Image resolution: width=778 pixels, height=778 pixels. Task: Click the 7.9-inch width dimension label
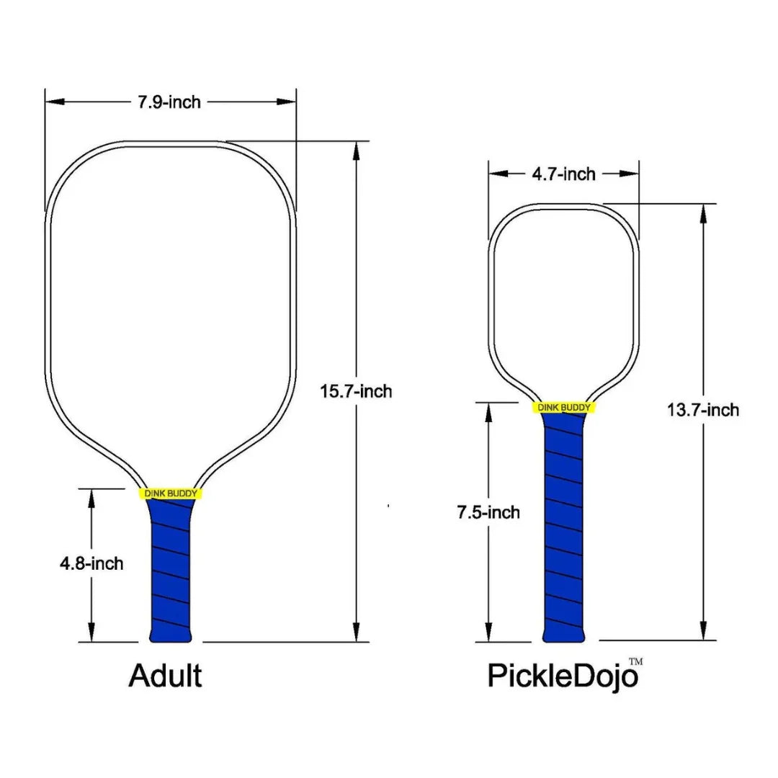coord(169,102)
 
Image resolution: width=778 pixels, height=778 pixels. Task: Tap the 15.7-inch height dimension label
coord(356,391)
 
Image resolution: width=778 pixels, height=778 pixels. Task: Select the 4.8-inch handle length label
coord(91,563)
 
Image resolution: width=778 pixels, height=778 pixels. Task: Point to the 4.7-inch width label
coord(563,174)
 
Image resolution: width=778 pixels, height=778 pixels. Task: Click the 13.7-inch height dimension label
coord(703,410)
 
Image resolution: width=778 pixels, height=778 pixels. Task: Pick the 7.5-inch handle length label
coord(488,512)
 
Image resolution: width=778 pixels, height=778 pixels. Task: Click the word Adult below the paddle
coord(165,676)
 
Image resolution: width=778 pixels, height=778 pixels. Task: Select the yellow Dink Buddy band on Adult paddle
coord(170,493)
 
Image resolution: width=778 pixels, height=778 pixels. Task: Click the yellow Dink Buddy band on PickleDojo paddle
coord(564,408)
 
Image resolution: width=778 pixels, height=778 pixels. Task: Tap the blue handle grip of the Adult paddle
coord(170,569)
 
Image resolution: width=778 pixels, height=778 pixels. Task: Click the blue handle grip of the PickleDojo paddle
coord(564,526)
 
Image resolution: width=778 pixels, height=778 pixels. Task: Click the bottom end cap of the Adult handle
coord(170,637)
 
